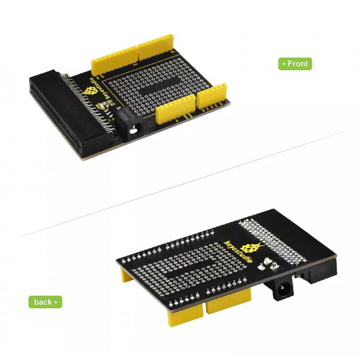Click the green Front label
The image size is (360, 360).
[x=295, y=63]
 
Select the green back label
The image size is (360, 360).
[x=45, y=302]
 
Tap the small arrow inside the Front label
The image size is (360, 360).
[x=284, y=63]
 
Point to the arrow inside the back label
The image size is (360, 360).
[x=56, y=302]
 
